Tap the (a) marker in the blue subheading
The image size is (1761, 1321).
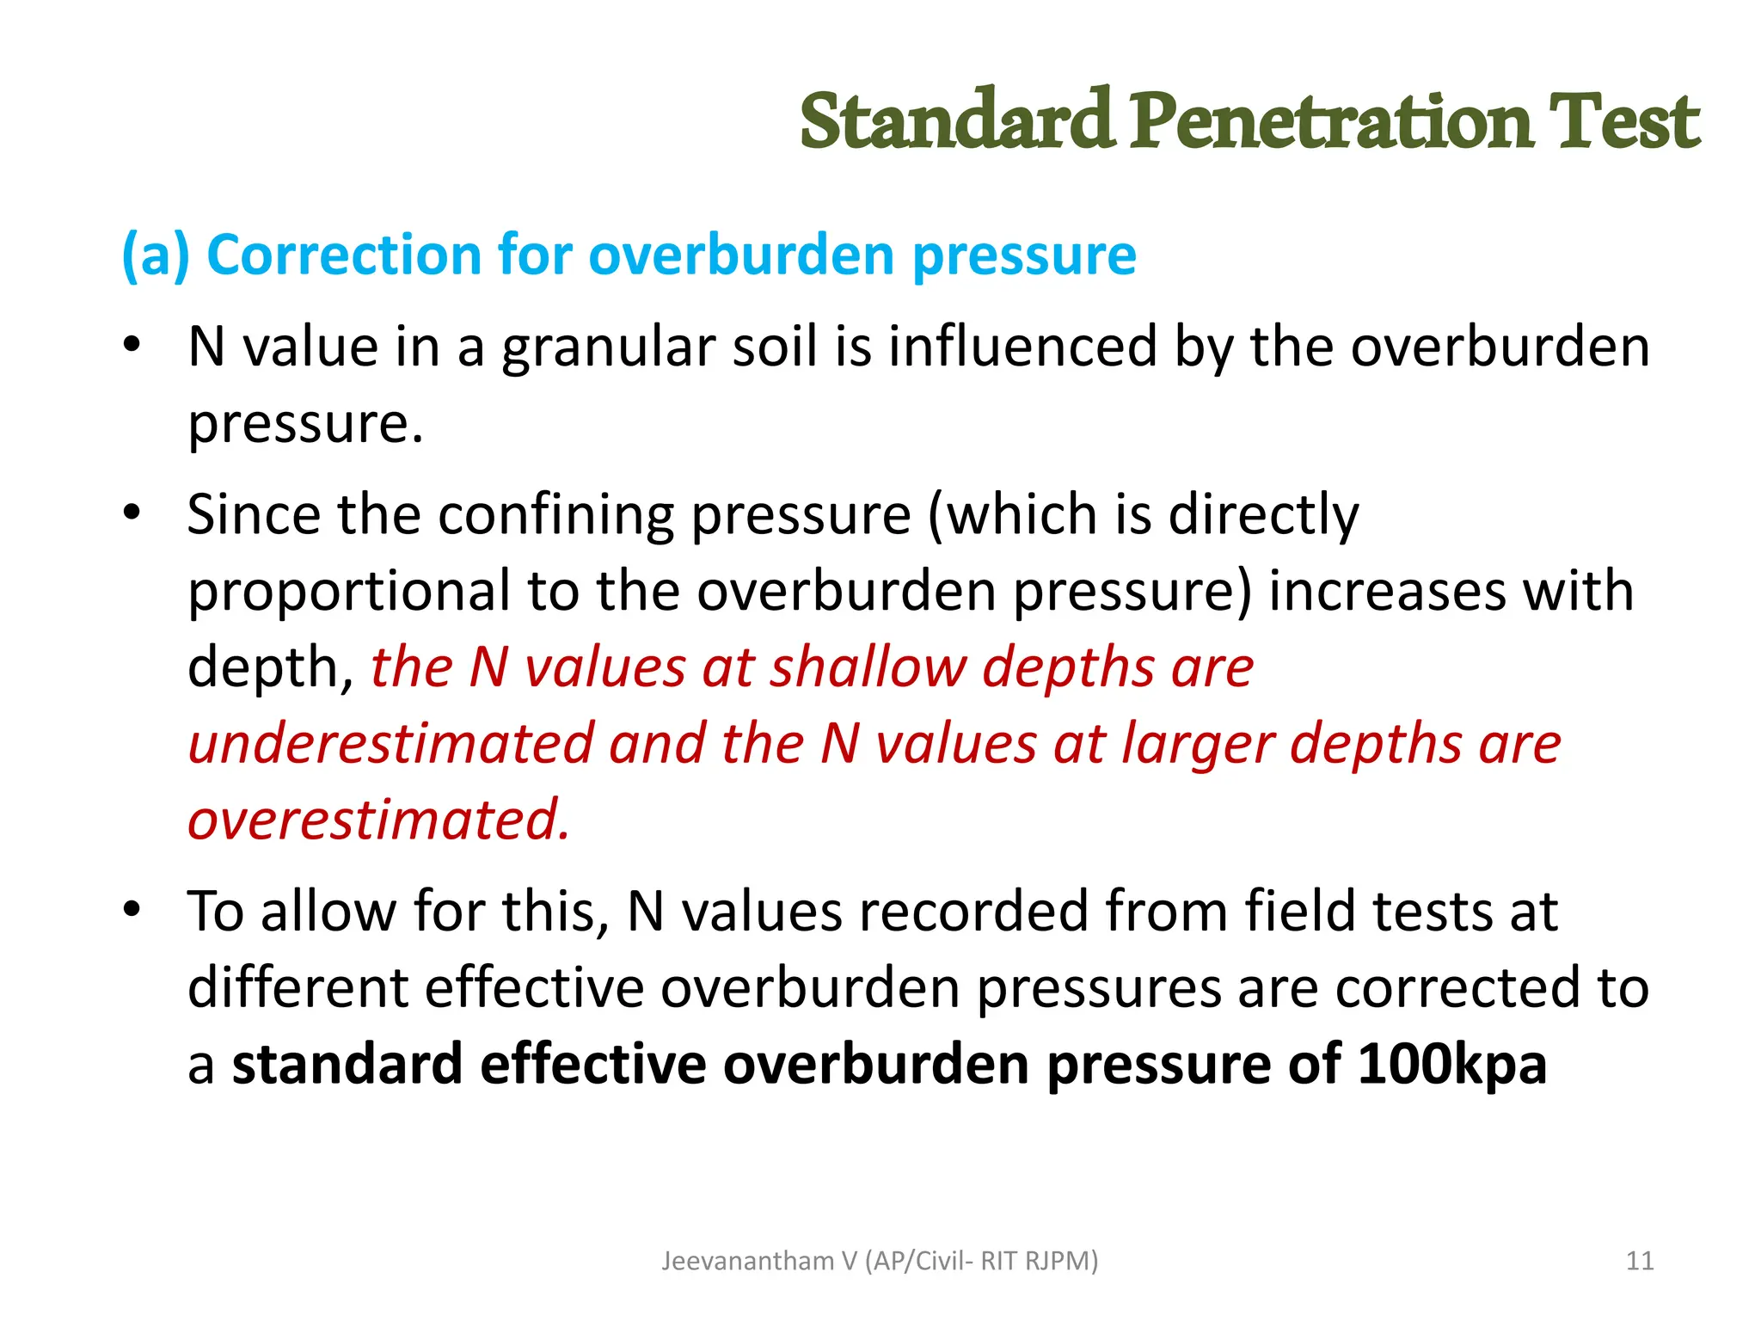click(156, 255)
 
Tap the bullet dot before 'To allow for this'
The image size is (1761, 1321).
click(131, 909)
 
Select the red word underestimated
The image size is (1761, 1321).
click(390, 744)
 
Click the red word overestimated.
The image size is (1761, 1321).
click(378, 820)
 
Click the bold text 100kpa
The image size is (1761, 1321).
click(1452, 1064)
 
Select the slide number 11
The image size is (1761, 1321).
click(1640, 1261)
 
